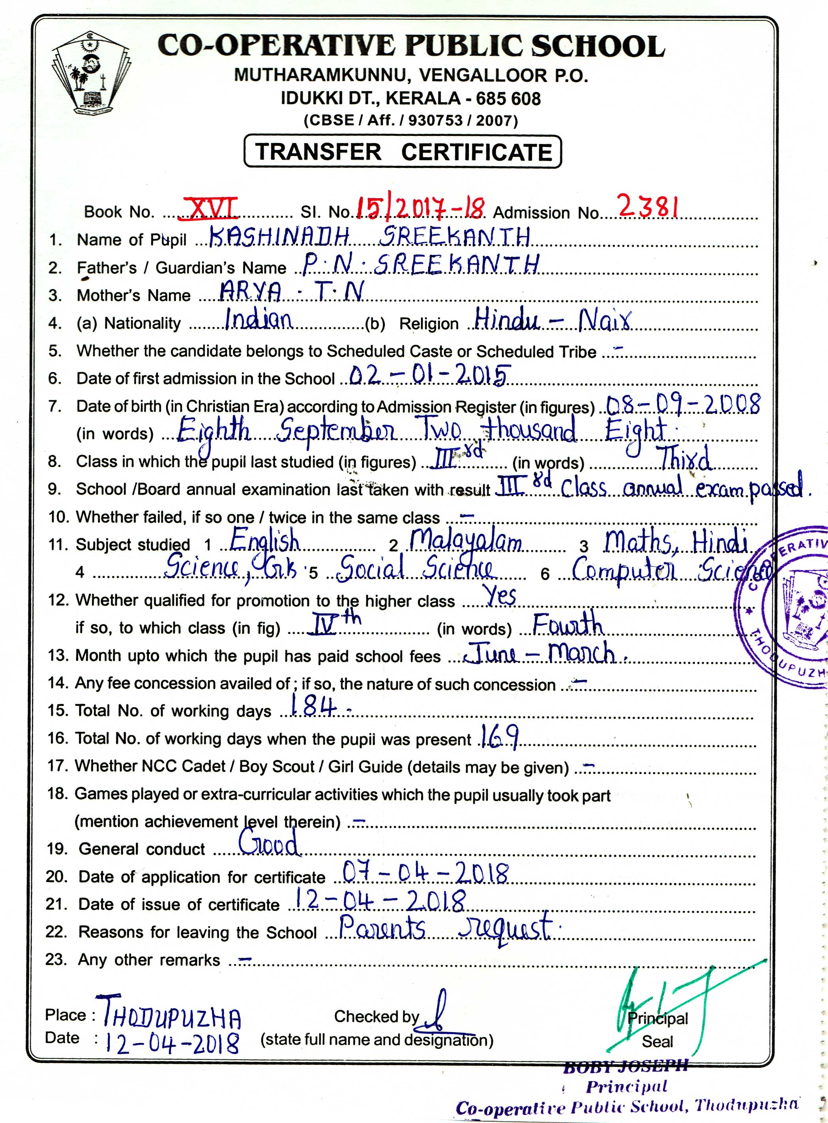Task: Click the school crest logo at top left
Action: click(91, 74)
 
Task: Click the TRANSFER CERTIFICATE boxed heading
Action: click(403, 151)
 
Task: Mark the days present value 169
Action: click(499, 736)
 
